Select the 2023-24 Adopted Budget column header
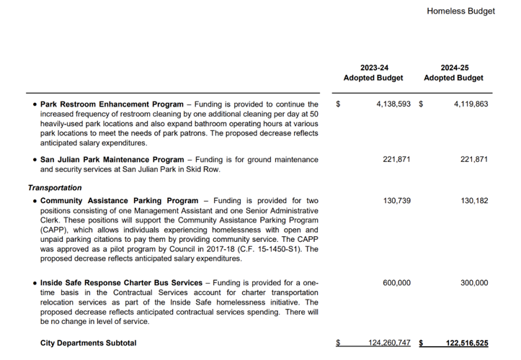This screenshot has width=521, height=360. (373, 73)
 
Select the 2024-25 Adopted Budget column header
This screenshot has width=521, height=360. (453, 73)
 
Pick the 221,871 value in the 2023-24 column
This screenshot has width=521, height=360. (396, 159)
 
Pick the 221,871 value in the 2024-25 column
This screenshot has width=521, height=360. (473, 159)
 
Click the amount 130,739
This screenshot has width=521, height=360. (396, 201)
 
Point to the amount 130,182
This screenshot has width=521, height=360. (473, 201)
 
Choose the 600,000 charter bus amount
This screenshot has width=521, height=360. (396, 283)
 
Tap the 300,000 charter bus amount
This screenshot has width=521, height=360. (473, 283)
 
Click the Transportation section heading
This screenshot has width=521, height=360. (55, 187)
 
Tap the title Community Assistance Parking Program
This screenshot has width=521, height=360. (119, 201)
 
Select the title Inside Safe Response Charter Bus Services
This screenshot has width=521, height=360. (121, 283)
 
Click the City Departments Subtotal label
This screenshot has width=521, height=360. (88, 343)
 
